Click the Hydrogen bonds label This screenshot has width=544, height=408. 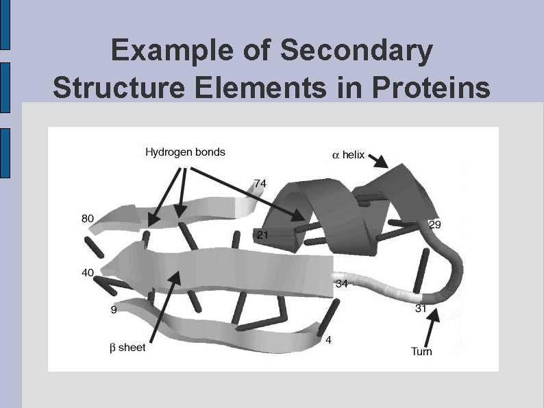pos(185,152)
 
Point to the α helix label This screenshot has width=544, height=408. pos(348,156)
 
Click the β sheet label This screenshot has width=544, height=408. pos(128,348)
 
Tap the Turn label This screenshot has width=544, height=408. pos(421,352)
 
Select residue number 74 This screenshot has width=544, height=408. pos(260,184)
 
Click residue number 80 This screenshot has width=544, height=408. pos(88,219)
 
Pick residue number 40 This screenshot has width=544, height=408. pos(88,273)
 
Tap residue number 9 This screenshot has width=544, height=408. pos(114,310)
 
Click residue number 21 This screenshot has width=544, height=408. pos(262,235)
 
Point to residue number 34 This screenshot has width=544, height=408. pos(342,284)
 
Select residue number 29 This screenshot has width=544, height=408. pos(434,225)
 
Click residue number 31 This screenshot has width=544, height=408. pos(421,309)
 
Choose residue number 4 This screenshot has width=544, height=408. pos(329,340)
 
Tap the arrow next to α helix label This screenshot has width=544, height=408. pos(379,161)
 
